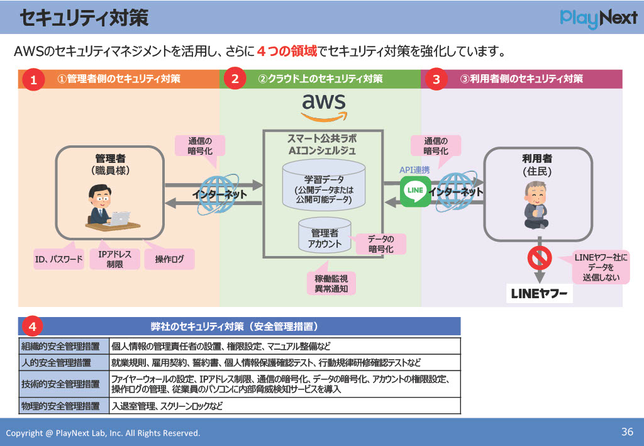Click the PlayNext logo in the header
coord(598,18)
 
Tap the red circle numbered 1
coord(33,80)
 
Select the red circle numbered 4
coord(32,326)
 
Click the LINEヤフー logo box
coord(539,294)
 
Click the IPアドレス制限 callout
coord(114,259)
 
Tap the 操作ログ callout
coord(169,259)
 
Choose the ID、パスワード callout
coord(58,259)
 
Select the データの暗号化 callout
coord(380,244)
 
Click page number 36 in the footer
coord(627,432)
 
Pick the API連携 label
coord(414,170)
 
